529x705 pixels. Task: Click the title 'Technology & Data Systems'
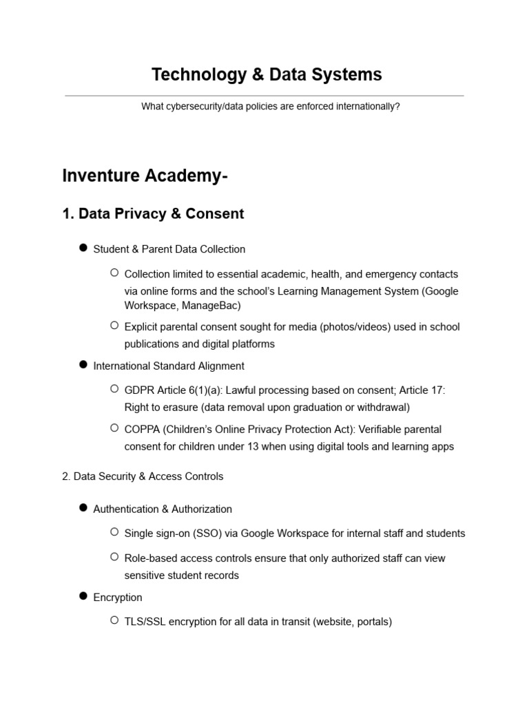(267, 74)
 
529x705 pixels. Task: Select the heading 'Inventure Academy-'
(145, 176)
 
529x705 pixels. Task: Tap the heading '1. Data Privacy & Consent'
(153, 214)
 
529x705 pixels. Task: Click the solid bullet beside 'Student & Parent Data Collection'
(83, 248)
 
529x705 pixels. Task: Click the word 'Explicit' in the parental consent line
(142, 326)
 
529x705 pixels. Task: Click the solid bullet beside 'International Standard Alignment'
(83, 365)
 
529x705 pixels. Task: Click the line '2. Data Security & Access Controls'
(143, 476)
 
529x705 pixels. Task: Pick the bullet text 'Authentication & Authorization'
(163, 509)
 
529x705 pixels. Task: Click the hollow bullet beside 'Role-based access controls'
(114, 557)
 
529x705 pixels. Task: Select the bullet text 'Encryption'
(118, 597)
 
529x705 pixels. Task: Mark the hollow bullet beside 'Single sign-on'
(114, 532)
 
